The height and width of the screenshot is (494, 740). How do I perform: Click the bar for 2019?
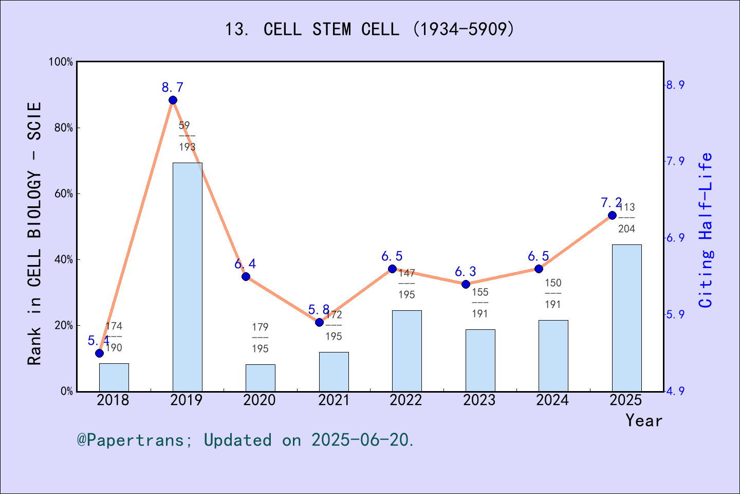[x=187, y=277]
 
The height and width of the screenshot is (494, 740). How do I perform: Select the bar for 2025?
[x=626, y=317]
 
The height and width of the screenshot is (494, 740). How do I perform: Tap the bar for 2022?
[x=406, y=350]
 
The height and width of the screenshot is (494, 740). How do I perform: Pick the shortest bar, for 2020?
[x=260, y=378]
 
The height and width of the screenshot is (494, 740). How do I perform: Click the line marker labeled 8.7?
[x=173, y=100]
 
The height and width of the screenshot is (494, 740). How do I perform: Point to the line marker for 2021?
[x=319, y=322]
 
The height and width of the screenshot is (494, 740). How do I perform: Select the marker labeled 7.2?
[x=612, y=215]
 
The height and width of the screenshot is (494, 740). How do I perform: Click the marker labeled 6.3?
[x=466, y=284]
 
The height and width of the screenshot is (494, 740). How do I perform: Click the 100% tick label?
[x=61, y=62]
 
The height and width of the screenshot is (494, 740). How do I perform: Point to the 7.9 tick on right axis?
[x=675, y=162]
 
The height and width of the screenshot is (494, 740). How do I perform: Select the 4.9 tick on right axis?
[x=675, y=392]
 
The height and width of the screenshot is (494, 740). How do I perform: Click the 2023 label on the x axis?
[x=479, y=400]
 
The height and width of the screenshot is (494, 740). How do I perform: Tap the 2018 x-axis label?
[x=113, y=400]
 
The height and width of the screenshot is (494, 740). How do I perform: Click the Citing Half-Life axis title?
[x=706, y=231]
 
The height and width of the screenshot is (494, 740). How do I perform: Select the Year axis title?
[x=643, y=420]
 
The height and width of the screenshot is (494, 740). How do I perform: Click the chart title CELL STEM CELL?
[x=369, y=29]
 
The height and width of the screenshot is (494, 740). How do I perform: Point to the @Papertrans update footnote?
[x=246, y=440]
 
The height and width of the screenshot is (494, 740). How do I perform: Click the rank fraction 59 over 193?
[x=187, y=136]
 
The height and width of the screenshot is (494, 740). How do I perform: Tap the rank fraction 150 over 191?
[x=553, y=293]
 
